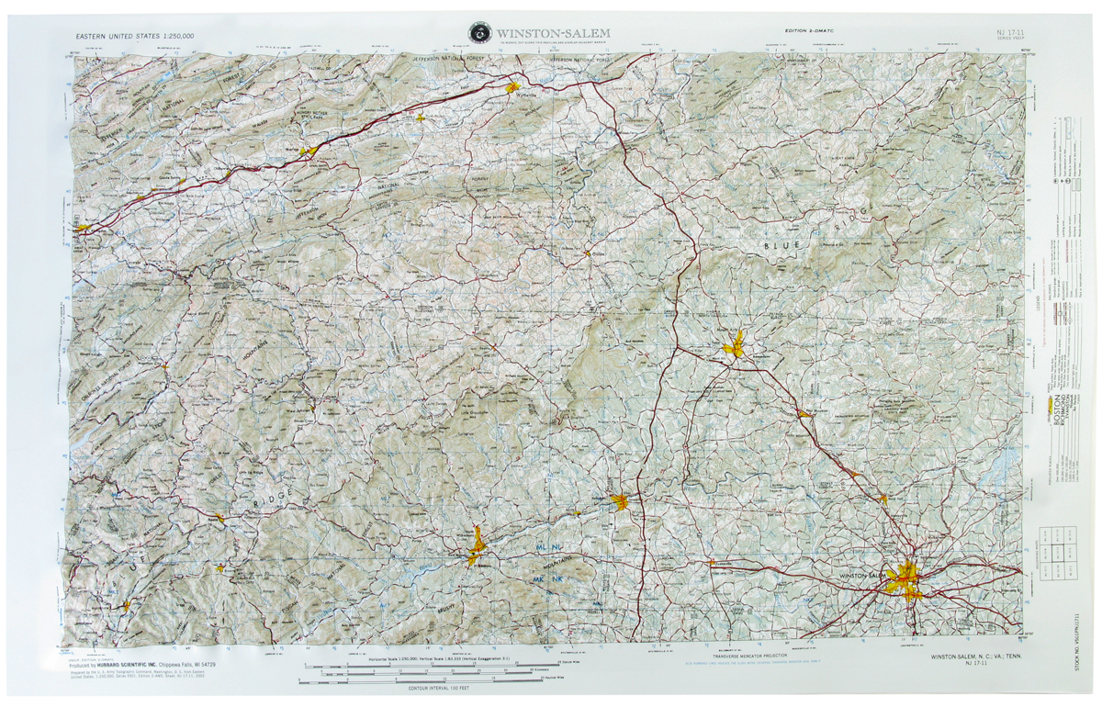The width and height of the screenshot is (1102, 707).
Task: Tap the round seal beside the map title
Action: (478, 32)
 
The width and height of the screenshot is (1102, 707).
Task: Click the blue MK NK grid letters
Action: (554, 579)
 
